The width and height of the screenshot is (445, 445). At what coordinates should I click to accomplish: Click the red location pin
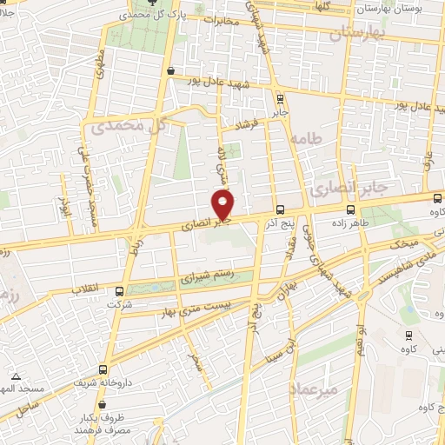(224, 205)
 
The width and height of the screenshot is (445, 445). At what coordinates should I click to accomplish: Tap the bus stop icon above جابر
(279, 99)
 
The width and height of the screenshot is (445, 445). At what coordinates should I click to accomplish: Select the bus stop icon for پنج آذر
(279, 209)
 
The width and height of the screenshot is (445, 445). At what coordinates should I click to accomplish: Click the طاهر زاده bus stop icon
(351, 209)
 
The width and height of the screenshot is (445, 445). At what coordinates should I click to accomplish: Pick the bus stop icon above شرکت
(119, 291)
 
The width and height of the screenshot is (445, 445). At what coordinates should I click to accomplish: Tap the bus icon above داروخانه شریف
(103, 369)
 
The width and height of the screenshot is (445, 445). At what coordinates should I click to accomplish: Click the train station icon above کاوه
(408, 335)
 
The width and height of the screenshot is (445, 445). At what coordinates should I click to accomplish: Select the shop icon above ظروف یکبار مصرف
(103, 404)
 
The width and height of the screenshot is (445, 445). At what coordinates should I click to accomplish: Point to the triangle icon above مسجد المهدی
(16, 377)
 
